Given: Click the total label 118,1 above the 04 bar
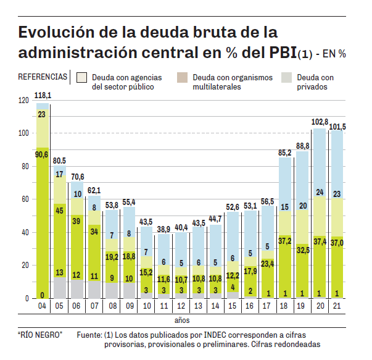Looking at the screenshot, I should point(43,96).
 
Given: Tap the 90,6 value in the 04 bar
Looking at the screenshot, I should point(43,154).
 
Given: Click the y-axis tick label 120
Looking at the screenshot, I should point(23,100).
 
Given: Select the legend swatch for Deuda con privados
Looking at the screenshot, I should point(286,78).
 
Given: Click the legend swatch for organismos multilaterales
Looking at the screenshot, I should point(181,78).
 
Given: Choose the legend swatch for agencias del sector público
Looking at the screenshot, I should point(81,78).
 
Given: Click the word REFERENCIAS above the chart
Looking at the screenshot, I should point(43,77).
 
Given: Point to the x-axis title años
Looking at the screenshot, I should point(181,320).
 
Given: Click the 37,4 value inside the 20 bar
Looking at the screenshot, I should point(319,241).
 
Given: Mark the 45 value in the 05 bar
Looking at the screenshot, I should point(60,211).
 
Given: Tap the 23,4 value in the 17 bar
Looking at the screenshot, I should point(267,264).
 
